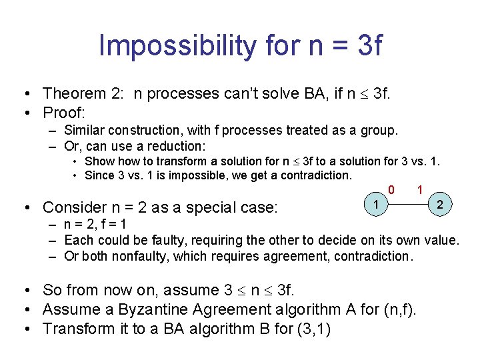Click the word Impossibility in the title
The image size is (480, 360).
click(x=175, y=46)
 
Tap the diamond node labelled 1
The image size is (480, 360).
click(x=377, y=203)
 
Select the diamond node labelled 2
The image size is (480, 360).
click(x=439, y=205)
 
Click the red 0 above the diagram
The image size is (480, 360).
click(x=392, y=190)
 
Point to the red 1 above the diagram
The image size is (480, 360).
click(x=420, y=190)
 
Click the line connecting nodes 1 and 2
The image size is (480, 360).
click(x=408, y=205)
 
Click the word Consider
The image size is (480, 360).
click(x=74, y=207)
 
